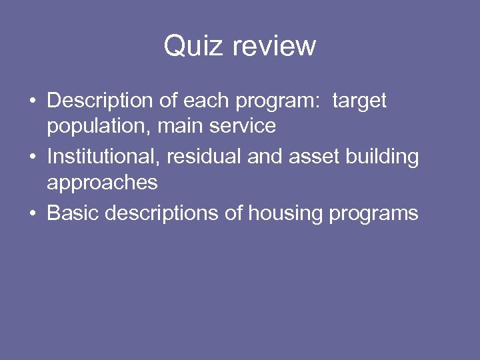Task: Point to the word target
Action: (x=359, y=101)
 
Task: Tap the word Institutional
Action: (x=103, y=157)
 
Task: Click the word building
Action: (x=383, y=157)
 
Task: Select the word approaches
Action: (x=102, y=182)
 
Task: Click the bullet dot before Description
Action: (x=32, y=102)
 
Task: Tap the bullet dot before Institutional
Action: (x=32, y=158)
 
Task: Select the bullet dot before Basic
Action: (x=32, y=214)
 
